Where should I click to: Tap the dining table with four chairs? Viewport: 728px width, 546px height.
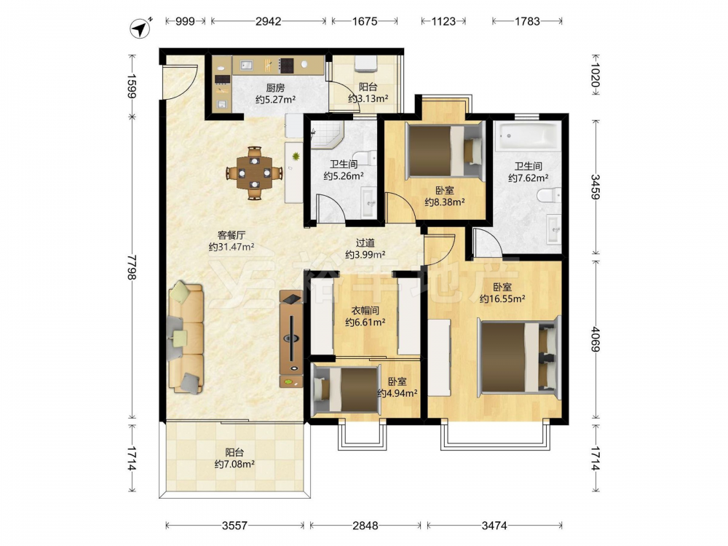pos(254,173)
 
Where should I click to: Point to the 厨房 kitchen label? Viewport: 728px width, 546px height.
pos(275,87)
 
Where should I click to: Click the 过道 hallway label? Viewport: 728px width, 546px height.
pos(365,243)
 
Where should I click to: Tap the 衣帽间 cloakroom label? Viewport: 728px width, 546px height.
pos(365,311)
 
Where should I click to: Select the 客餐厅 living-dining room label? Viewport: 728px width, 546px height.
pos(232,235)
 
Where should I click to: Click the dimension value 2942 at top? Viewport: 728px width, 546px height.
pos(269,21)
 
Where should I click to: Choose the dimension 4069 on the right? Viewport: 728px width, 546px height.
pos(596,340)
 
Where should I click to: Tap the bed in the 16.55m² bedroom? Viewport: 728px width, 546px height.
pos(520,357)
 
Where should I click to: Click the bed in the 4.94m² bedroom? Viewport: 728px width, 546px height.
pos(346,389)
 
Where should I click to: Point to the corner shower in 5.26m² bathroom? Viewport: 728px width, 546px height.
pos(326,134)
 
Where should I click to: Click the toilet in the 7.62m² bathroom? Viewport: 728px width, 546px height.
pos(548,195)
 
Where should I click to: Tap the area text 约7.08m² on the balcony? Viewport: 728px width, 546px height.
pos(234,464)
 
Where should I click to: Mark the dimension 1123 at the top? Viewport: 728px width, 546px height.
pos(443,21)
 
